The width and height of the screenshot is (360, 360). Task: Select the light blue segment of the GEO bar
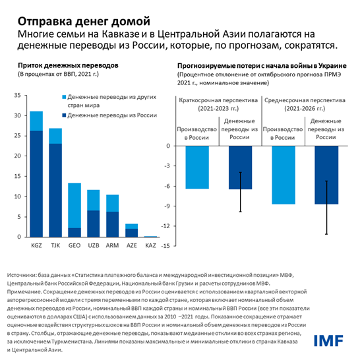[x=75, y=205]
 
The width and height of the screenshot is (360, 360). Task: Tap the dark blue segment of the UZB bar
[x=94, y=224]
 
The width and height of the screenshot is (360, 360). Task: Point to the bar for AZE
[x=132, y=231]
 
